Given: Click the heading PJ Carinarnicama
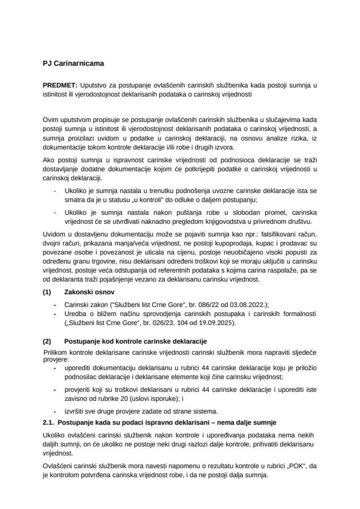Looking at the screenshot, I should click(x=74, y=64).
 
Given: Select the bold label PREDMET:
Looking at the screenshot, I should click(x=60, y=85).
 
